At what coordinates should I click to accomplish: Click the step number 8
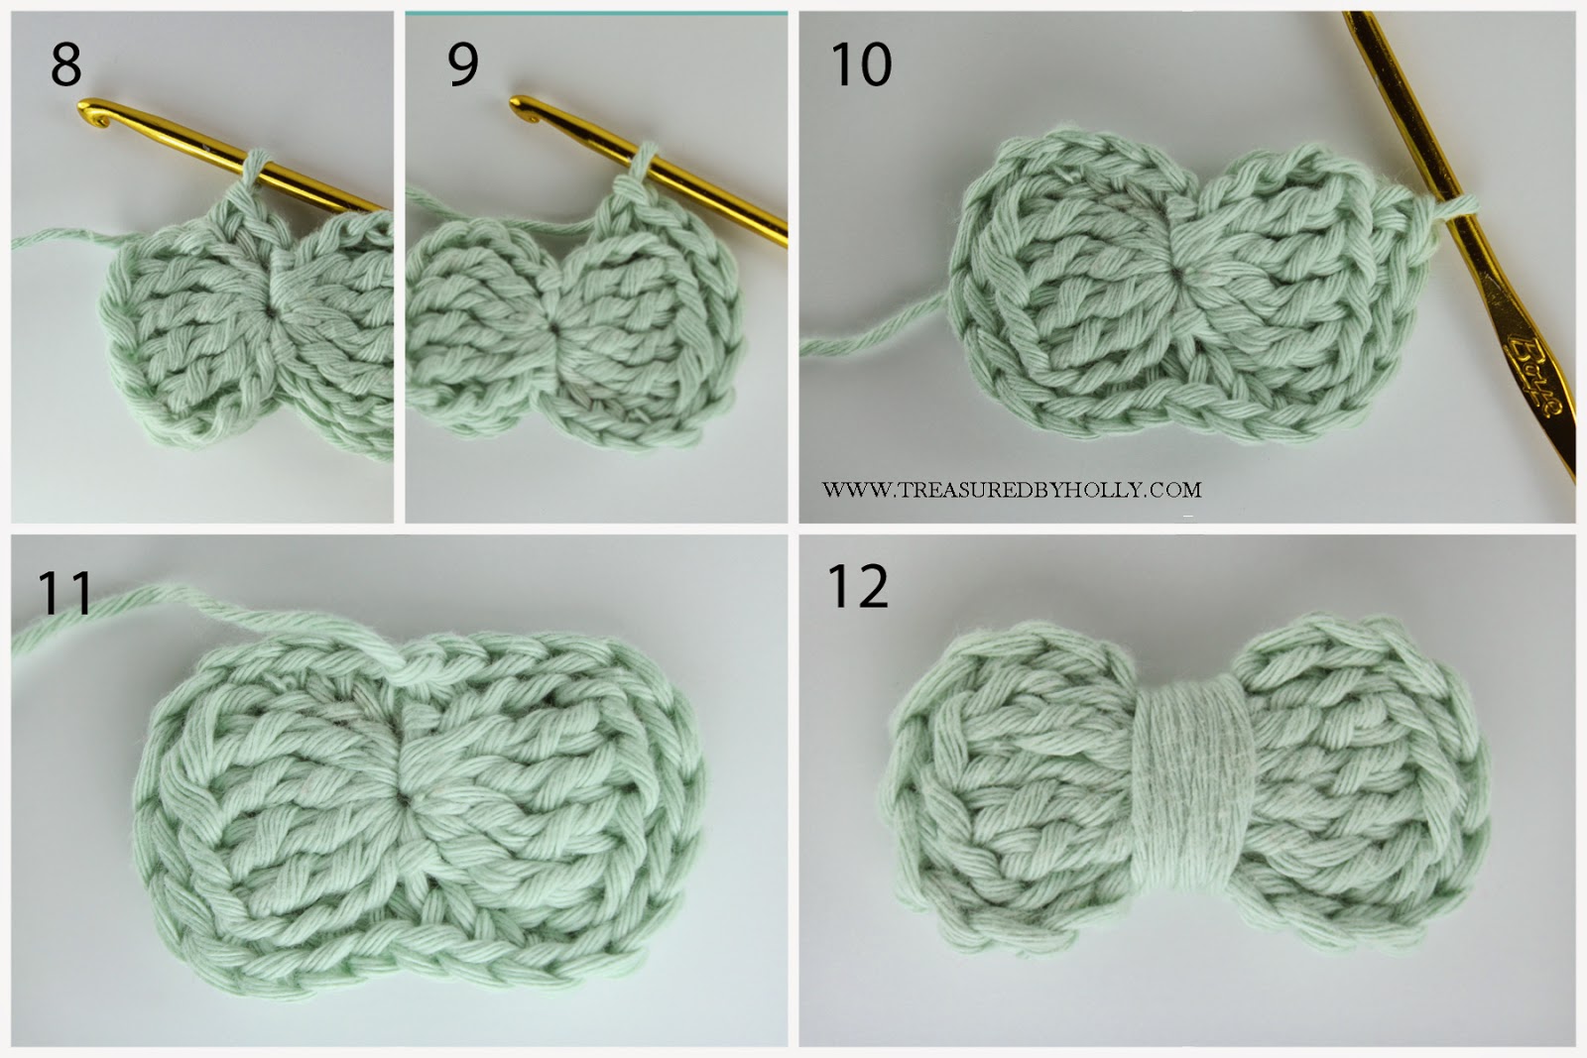[x=65, y=66]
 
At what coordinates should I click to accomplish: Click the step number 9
[x=463, y=66]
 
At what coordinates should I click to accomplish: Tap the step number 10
[x=861, y=66]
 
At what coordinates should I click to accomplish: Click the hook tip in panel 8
[x=92, y=108]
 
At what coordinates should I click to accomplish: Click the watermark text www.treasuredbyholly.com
[x=1011, y=490]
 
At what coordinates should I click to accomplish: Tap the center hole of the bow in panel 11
[x=404, y=796]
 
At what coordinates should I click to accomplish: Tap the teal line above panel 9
[x=595, y=13]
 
